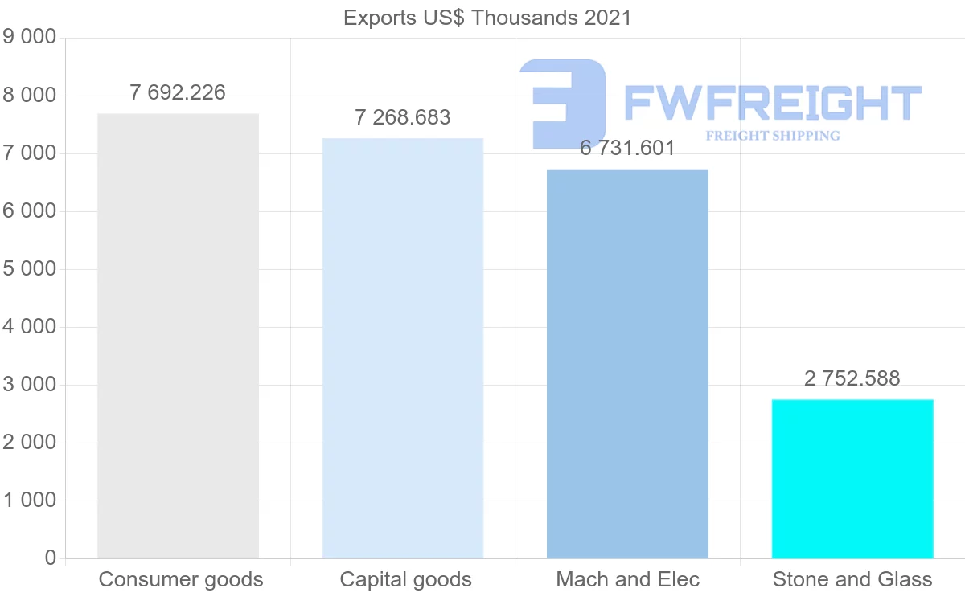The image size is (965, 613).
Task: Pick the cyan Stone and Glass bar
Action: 852,479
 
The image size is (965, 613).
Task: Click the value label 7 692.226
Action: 178,93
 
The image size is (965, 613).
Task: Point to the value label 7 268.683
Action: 403,118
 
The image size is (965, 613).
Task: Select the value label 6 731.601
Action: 627,149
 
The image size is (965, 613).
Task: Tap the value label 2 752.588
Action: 852,379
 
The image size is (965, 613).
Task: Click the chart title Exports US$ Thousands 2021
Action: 487,18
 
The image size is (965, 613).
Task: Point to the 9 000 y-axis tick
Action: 30,38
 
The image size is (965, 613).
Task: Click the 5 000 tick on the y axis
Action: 30,269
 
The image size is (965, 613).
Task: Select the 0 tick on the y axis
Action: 51,558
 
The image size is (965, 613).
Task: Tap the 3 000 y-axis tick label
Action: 30,385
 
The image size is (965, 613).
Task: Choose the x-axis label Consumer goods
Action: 181,580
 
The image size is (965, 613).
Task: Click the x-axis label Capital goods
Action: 406,580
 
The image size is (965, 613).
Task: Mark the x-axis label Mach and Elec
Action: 628,580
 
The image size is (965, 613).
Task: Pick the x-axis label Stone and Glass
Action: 852,580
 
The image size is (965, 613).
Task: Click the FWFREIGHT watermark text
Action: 772,103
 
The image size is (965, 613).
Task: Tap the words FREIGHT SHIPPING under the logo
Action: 773,136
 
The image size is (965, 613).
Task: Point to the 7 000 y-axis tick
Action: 30,153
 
